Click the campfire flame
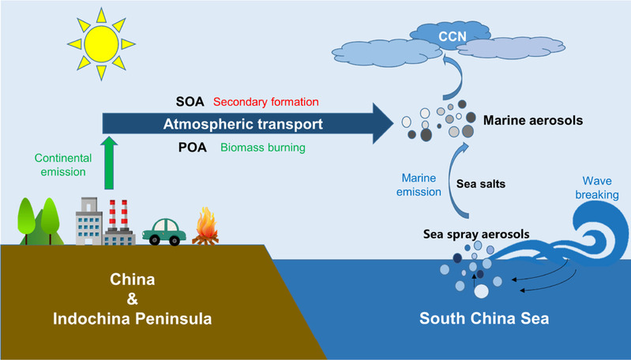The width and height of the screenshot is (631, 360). point(208,225)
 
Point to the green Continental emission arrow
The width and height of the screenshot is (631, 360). point(108,162)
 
